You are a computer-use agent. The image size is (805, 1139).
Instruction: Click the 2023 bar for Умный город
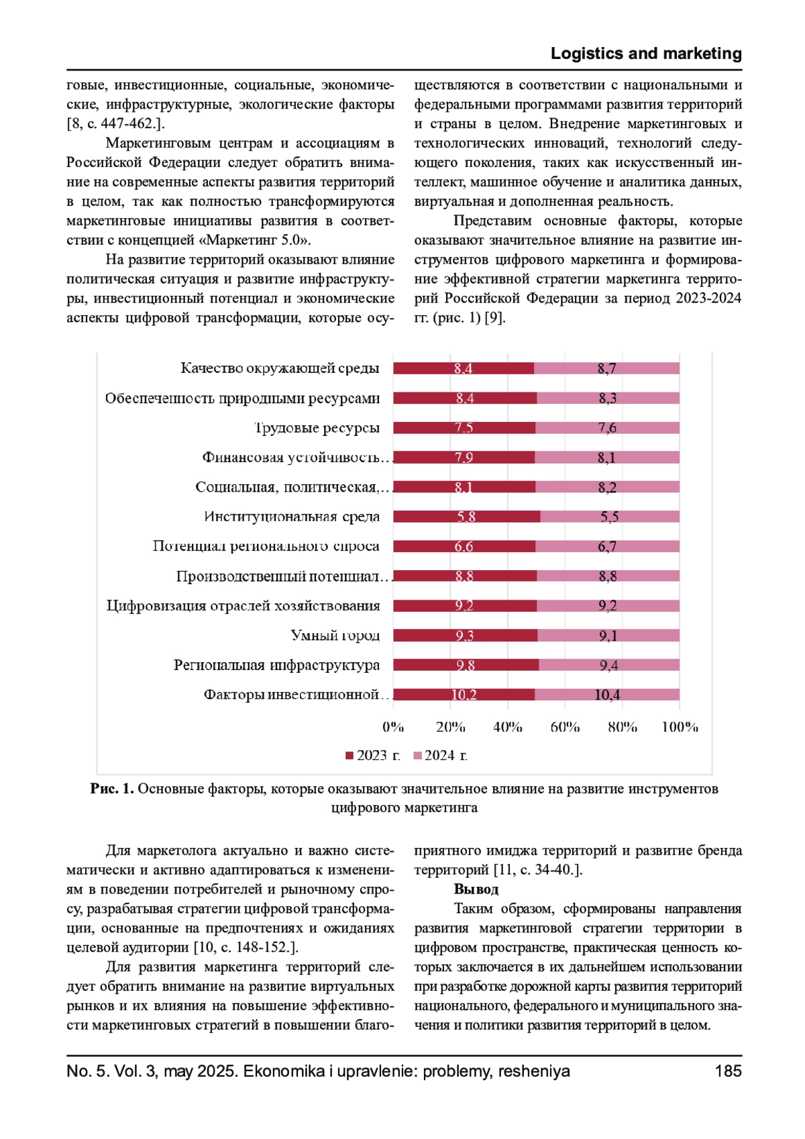coord(465,635)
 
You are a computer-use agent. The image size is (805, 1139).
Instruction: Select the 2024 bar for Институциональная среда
coord(609,517)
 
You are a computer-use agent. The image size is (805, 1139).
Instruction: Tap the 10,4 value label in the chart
coord(607,695)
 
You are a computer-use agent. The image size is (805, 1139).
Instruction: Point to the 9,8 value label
coord(465,665)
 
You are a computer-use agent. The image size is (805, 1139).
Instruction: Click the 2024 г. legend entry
coord(441,755)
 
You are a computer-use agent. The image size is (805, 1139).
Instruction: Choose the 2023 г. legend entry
coord(373,755)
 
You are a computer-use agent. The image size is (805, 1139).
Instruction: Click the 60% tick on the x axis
coord(565,727)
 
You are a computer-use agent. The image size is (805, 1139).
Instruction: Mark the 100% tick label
coord(680,727)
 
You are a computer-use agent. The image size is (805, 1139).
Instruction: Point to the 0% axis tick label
coord(393,727)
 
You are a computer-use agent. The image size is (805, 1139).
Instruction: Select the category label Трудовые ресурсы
coord(317,428)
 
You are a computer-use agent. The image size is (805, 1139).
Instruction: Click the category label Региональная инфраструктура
coord(276,665)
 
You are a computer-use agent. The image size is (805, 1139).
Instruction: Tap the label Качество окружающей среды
coord(280,368)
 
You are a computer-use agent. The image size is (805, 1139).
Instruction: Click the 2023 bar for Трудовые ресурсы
coord(464,428)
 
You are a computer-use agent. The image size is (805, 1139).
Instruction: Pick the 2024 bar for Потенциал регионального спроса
coord(607,547)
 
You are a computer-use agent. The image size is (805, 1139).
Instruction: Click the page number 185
coord(728,1071)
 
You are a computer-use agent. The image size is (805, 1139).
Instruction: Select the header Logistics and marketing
coord(646,54)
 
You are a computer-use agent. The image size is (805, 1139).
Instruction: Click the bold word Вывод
coord(476,889)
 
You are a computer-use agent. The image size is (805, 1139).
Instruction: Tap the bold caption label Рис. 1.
coord(112,789)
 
